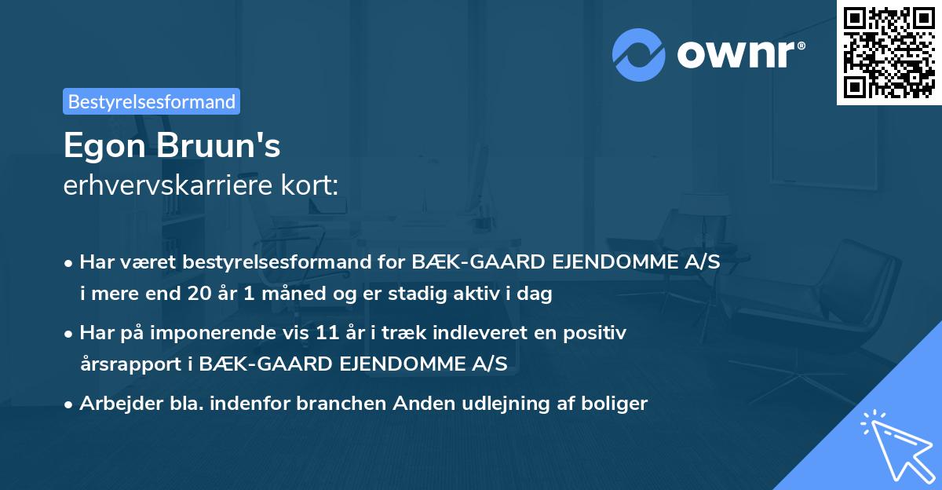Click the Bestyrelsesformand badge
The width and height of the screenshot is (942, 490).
(152, 101)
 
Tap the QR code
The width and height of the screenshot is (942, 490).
(889, 52)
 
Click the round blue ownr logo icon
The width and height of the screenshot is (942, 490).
(640, 55)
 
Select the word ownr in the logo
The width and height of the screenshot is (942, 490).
(740, 55)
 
